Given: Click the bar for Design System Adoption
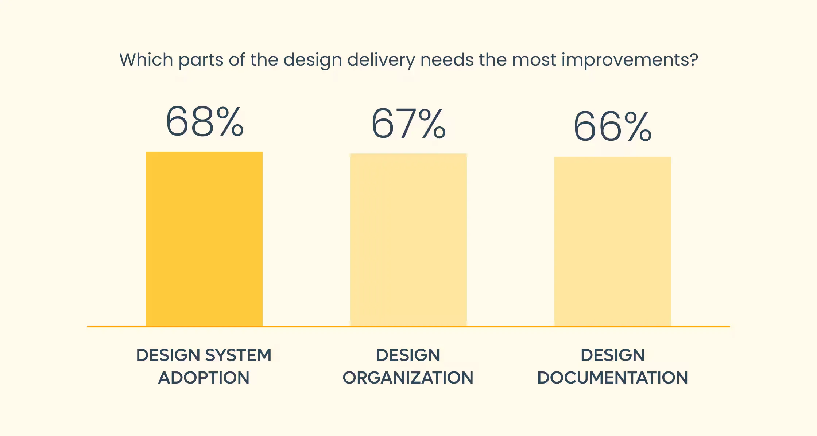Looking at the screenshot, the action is (x=204, y=239).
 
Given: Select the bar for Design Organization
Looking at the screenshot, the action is (x=408, y=240).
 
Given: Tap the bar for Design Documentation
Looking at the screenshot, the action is (x=613, y=241).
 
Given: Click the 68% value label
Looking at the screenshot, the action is (x=205, y=121).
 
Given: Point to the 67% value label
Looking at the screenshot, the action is (x=408, y=124).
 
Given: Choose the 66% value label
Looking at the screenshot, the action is (x=613, y=126).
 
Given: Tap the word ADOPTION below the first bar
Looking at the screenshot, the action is (x=204, y=378).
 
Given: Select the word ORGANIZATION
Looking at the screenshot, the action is (x=408, y=378).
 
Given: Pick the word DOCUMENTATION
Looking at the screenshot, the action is (x=613, y=378).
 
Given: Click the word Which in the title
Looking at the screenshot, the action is (x=146, y=59).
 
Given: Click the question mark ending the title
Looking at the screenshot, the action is (x=694, y=59).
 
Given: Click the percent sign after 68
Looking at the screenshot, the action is (x=229, y=121).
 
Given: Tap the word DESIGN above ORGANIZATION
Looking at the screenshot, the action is (x=408, y=355).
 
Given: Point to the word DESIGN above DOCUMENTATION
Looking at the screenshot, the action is (x=613, y=355).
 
